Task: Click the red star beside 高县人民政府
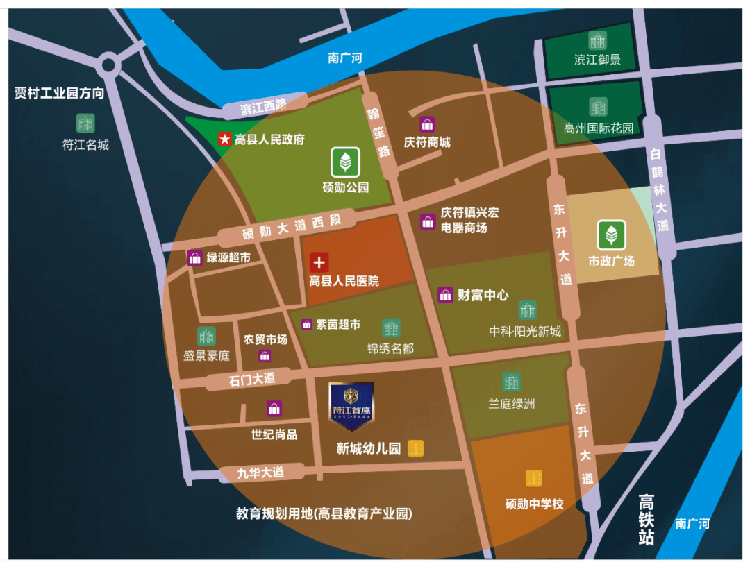pyautogui.click(x=224, y=139)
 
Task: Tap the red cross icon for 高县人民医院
pyautogui.click(x=319, y=262)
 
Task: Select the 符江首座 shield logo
pyautogui.click(x=351, y=405)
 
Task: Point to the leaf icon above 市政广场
pyautogui.click(x=612, y=235)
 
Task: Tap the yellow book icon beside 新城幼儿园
pyautogui.click(x=416, y=448)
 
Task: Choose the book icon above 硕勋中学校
pyautogui.click(x=533, y=479)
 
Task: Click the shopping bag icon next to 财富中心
pyautogui.click(x=445, y=295)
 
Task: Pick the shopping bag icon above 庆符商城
pyautogui.click(x=427, y=125)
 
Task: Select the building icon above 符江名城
pyautogui.click(x=85, y=124)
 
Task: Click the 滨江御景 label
pyautogui.click(x=597, y=60)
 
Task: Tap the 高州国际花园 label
pyautogui.click(x=599, y=128)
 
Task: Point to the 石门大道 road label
pyautogui.click(x=251, y=379)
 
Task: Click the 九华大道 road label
pyautogui.click(x=260, y=473)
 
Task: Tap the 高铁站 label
pyautogui.click(x=647, y=520)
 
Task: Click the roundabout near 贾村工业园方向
pyautogui.click(x=108, y=66)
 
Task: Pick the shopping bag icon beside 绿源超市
pyautogui.click(x=195, y=257)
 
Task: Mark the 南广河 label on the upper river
pyautogui.click(x=345, y=58)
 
